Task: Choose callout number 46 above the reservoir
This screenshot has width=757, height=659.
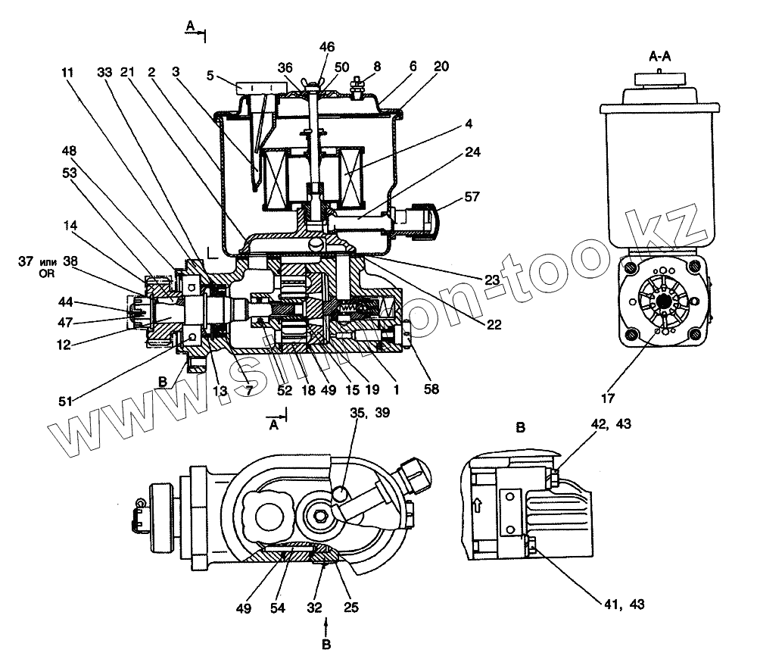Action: tap(326, 47)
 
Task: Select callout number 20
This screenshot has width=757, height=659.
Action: tap(441, 67)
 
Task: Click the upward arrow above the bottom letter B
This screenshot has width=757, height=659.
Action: tap(326, 627)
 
